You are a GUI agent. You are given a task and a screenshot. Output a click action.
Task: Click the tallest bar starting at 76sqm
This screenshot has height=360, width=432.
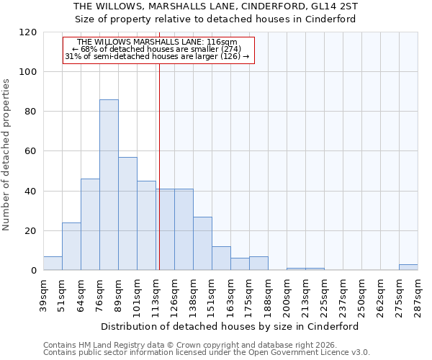point(109,185)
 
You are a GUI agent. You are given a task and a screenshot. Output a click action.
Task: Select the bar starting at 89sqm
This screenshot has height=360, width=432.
point(127,214)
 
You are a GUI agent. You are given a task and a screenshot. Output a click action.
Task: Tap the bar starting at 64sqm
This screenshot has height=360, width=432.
point(90,225)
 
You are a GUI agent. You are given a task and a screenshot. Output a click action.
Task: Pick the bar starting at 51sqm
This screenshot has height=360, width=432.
point(71,246)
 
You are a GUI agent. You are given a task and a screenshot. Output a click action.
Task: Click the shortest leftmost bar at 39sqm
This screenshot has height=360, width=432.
point(53,264)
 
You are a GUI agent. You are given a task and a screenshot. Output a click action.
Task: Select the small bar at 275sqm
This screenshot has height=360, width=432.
point(408,267)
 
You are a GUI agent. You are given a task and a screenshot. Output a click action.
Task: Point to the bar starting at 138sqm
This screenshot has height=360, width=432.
point(202,243)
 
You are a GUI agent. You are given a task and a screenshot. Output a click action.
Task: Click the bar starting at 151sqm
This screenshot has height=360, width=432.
point(221,258)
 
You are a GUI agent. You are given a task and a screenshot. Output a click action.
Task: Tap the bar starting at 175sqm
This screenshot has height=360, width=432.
point(258,264)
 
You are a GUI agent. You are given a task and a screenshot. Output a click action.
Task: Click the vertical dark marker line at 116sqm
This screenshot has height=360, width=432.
point(159,166)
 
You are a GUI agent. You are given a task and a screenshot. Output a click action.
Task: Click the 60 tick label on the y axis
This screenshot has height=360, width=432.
point(31,151)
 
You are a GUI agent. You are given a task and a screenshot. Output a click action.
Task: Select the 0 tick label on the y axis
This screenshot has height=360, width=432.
point(34,271)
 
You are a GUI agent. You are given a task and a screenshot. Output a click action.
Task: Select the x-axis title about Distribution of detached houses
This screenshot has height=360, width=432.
point(230,326)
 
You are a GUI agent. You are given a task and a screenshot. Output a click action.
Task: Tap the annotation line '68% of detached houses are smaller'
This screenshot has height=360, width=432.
point(157,49)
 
